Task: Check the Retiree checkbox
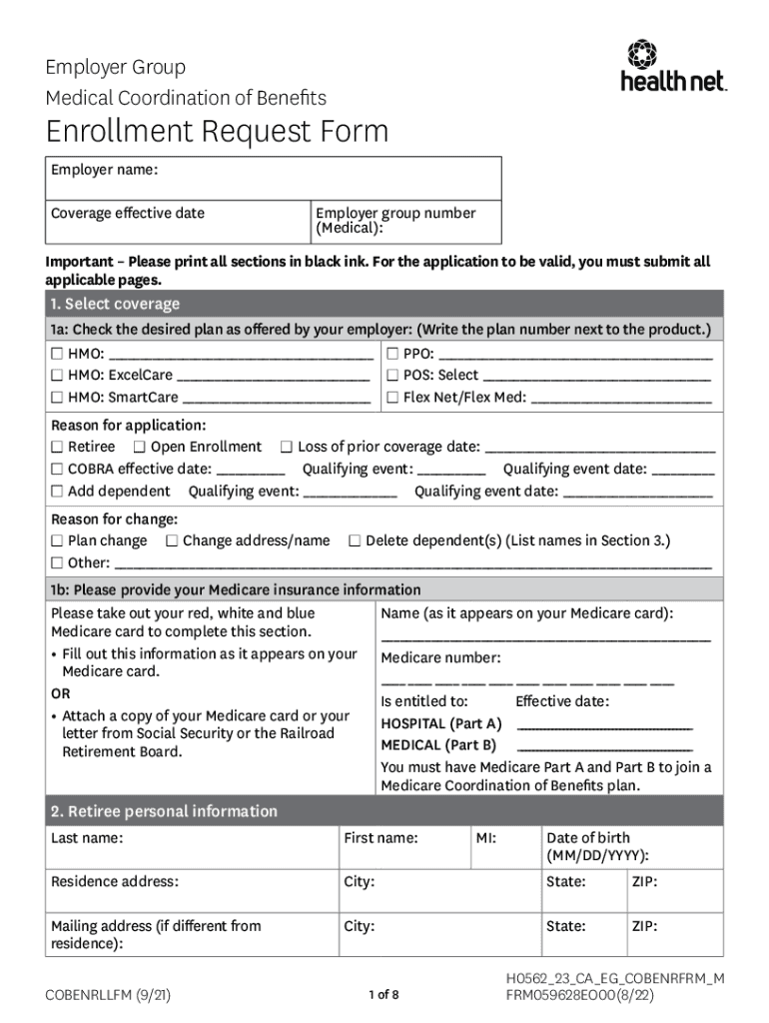coord(58,447)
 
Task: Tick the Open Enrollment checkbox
coord(140,447)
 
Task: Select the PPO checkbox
coord(393,354)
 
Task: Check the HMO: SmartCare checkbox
coord(58,398)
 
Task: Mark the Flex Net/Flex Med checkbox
coord(393,398)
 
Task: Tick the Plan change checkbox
coord(58,540)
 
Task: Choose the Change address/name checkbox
coord(173,540)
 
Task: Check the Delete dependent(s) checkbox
coord(355,540)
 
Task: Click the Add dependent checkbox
coord(58,491)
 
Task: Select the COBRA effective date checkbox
coord(58,469)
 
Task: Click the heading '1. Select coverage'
coord(116,304)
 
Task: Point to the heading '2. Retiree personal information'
coord(165,811)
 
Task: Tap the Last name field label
coord(87,838)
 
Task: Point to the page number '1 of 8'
coord(384,994)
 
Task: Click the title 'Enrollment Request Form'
coord(217,131)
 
